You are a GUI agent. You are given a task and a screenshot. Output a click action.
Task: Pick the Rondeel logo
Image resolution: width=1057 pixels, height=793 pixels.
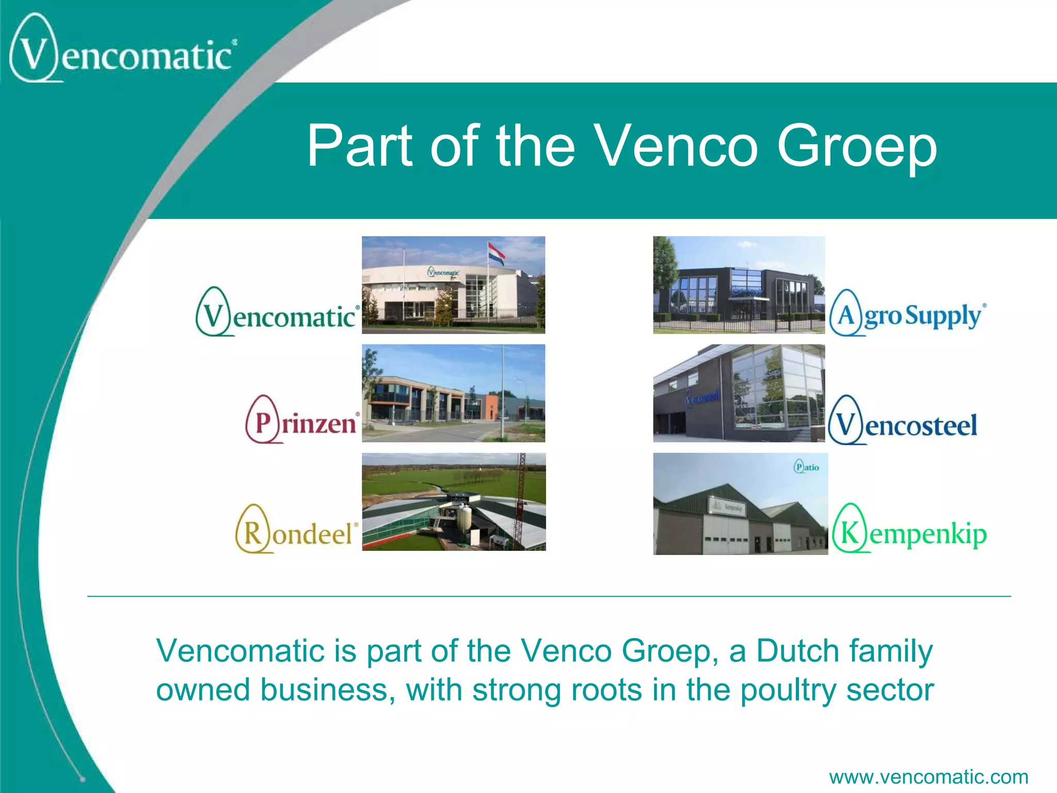[x=296, y=530]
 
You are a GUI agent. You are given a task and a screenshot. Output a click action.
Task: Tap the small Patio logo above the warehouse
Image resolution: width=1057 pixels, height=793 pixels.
[x=806, y=467]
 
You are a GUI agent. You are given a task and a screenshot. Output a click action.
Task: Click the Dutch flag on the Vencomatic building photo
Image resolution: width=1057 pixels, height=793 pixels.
[x=496, y=253]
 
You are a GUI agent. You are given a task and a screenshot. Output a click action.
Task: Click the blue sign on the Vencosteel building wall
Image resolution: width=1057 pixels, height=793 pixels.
[x=702, y=398]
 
